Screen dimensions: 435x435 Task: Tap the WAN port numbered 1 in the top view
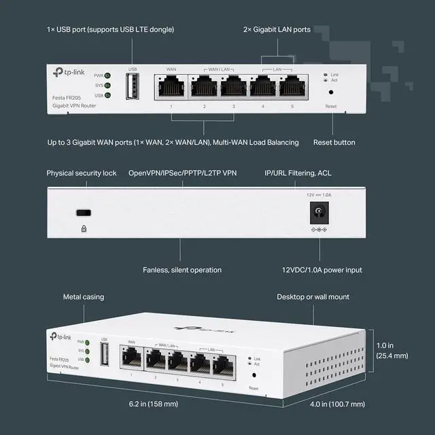tap(171, 86)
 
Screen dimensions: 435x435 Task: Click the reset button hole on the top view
tap(331, 92)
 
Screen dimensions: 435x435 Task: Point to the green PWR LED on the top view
tap(107, 75)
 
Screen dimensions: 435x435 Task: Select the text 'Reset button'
tap(334, 142)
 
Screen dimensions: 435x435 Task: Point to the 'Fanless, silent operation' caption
tap(181, 270)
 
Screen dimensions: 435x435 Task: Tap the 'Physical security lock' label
tap(82, 173)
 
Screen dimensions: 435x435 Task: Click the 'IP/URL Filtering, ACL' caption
tap(298, 173)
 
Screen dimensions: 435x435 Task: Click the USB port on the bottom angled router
tap(105, 354)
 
